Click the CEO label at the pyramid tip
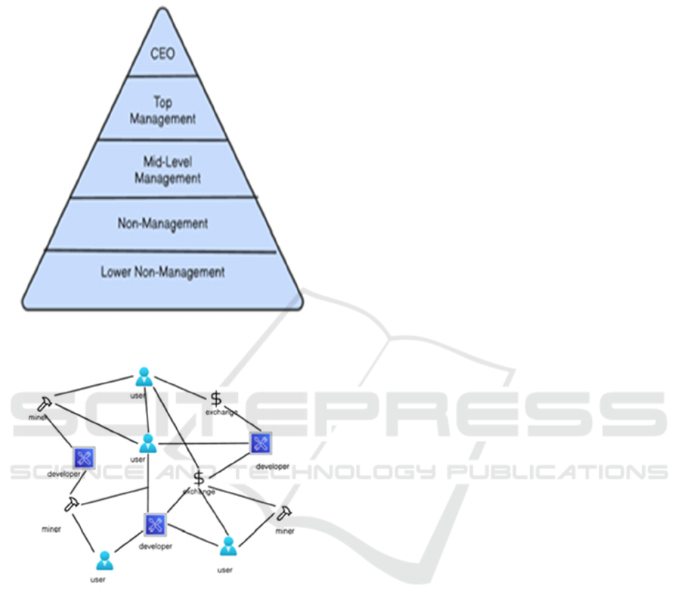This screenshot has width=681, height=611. click(x=162, y=54)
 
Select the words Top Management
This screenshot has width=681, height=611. click(x=162, y=111)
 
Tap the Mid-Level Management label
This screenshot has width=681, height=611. click(x=168, y=170)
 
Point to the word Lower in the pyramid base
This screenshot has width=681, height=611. click(x=116, y=271)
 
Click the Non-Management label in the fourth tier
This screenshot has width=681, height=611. click(x=163, y=224)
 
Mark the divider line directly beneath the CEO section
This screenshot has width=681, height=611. click(x=163, y=76)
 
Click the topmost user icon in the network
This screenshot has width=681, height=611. click(x=144, y=377)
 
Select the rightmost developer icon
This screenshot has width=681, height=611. click(x=261, y=445)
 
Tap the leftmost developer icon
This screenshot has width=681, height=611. click(x=83, y=457)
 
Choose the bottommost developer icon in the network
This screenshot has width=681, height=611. click(x=155, y=523)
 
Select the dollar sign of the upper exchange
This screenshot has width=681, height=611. click(x=216, y=399)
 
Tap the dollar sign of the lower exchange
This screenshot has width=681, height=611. click(x=199, y=478)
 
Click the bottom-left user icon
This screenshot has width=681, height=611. click(x=104, y=560)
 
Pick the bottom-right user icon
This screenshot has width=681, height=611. click(x=227, y=547)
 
